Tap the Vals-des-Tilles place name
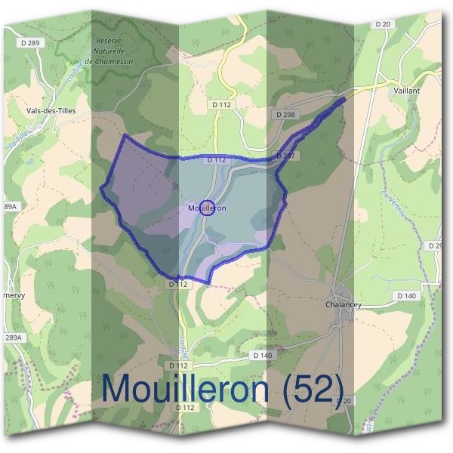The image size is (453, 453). tap(46, 110)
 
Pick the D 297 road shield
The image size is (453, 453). tap(285, 156)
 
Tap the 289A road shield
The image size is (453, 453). tap(14, 337)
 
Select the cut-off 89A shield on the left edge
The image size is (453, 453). tap(10, 206)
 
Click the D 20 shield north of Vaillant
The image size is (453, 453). tap(383, 25)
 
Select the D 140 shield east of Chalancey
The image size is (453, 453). tap(405, 296)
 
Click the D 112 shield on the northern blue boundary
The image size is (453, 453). tap(216, 160)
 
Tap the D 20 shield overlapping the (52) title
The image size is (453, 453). tap(344, 400)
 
